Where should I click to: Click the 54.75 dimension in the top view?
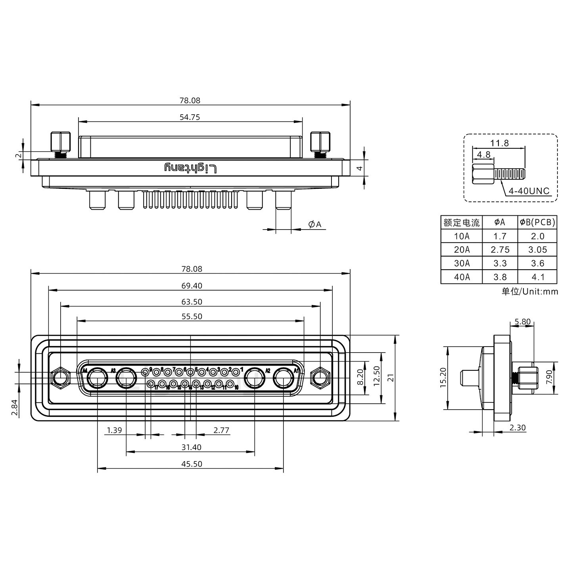(x=190, y=117)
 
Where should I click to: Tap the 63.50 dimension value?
(x=192, y=302)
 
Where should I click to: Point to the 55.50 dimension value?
(x=192, y=316)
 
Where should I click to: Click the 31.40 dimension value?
(x=192, y=447)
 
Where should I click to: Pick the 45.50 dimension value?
(x=192, y=464)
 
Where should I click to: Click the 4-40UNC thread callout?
(x=529, y=191)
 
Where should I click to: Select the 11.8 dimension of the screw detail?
(x=499, y=143)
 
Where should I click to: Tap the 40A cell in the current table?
(x=462, y=277)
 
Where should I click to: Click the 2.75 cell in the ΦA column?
(x=500, y=250)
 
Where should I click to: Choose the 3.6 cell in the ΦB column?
(x=537, y=263)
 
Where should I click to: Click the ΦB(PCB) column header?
(x=537, y=222)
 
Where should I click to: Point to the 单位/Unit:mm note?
(x=530, y=292)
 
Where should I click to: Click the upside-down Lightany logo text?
(x=191, y=168)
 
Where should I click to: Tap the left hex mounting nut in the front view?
(x=60, y=377)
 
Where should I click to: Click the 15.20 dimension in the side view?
(x=443, y=377)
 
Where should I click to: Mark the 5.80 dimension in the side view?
(x=522, y=322)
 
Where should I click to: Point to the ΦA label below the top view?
(x=315, y=224)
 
